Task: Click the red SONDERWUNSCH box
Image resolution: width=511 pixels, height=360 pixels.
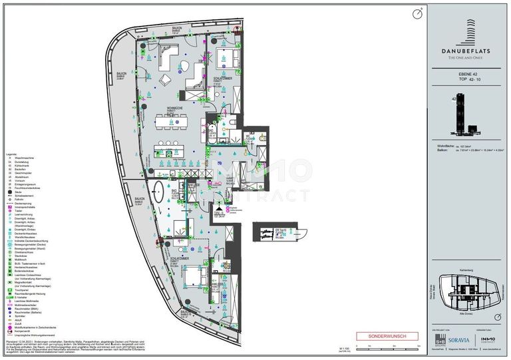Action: click(x=387, y=336)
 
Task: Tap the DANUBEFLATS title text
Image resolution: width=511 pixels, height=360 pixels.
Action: click(x=466, y=49)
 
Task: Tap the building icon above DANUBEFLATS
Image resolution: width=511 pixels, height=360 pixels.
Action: click(x=465, y=27)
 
